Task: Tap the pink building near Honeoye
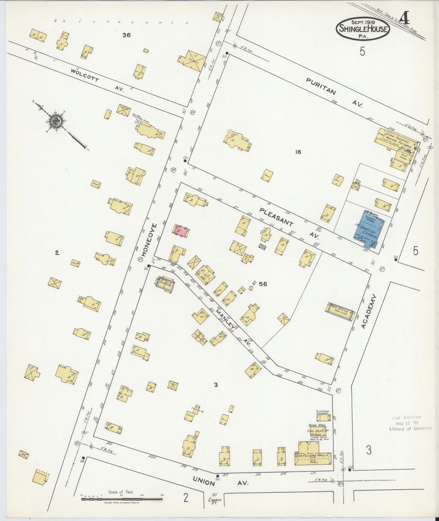point(181,231)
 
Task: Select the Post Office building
point(340,311)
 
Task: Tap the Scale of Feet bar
point(122,499)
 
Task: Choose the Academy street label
point(369,311)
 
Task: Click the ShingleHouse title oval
point(363,29)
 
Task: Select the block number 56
point(263,284)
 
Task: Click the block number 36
point(126,35)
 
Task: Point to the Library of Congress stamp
point(410,423)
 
